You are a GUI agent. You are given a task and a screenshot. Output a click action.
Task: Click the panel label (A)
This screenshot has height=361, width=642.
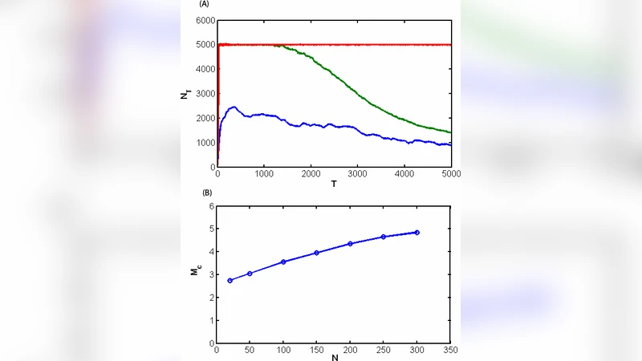(x=205, y=5)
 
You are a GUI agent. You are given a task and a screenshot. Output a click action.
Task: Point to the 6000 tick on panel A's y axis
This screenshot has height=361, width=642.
(x=205, y=20)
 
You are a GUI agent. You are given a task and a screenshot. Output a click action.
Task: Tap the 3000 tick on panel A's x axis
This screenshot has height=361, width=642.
(x=357, y=173)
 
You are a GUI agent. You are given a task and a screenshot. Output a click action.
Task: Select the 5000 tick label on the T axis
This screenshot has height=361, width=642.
(x=450, y=173)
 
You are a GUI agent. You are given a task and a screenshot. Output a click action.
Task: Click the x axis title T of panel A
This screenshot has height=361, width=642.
(x=334, y=184)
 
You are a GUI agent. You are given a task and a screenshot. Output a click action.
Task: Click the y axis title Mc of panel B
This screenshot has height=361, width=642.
(x=195, y=274)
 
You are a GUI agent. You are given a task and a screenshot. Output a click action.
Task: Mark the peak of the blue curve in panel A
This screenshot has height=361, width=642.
(x=234, y=107)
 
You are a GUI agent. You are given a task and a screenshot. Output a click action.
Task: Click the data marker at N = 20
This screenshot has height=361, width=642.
(x=230, y=280)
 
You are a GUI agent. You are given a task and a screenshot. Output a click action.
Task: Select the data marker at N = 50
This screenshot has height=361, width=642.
(x=250, y=274)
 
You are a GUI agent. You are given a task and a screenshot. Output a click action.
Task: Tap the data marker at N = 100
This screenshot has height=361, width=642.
(x=283, y=262)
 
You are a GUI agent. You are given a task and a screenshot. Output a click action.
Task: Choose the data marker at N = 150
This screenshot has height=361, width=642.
(x=317, y=253)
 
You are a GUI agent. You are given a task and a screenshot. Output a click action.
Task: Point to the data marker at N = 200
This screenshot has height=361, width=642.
(x=350, y=244)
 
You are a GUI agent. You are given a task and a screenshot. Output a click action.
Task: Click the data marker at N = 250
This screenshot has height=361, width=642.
(x=384, y=237)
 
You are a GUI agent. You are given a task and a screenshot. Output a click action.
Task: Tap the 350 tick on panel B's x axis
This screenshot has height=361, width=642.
(x=450, y=350)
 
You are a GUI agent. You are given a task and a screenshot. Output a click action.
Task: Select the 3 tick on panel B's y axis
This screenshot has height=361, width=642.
(x=211, y=274)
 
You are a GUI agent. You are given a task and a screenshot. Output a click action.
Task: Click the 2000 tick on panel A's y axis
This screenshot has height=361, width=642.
(x=205, y=118)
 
